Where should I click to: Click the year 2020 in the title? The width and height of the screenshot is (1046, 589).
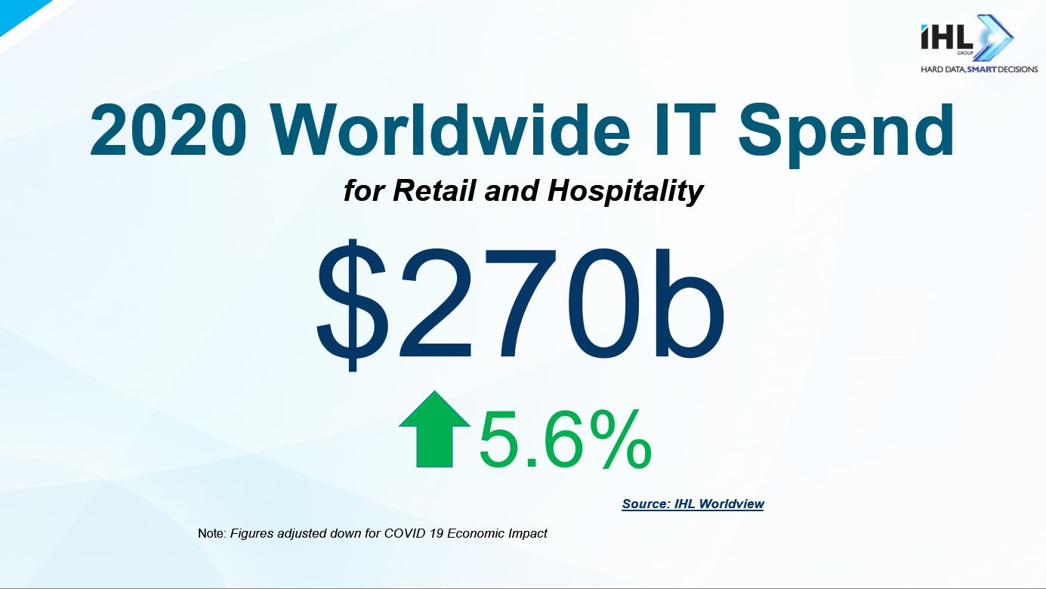tap(168, 131)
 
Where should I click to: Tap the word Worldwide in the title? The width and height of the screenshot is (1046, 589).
tap(450, 130)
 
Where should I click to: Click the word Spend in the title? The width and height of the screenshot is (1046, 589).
tap(846, 135)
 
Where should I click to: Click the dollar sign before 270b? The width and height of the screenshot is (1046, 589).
tap(352, 305)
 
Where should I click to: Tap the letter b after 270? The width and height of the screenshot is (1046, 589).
tap(690, 303)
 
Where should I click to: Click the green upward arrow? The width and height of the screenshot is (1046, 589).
tap(434, 429)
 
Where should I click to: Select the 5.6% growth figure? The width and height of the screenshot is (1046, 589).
tap(566, 439)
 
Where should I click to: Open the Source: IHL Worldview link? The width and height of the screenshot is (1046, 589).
tap(693, 504)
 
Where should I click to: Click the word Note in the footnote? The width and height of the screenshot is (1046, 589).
tap(212, 533)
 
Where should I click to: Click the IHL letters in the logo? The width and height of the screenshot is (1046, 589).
tap(946, 38)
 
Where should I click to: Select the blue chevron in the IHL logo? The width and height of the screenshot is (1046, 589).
tap(994, 37)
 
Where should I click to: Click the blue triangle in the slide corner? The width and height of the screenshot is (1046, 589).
tap(19, 11)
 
